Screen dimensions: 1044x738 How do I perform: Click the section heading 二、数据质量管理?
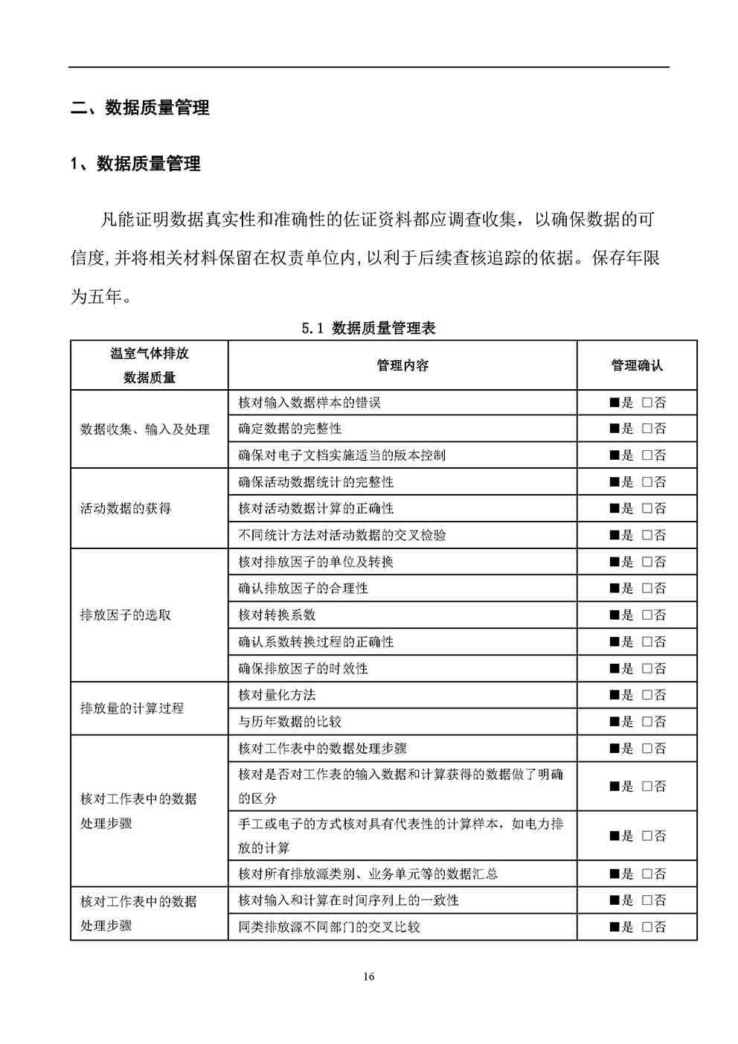coord(140,108)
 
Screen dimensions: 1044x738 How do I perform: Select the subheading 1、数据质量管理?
coord(135,164)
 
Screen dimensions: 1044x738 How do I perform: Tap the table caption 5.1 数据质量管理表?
coord(368,328)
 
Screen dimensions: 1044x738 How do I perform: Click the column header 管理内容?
coord(402,365)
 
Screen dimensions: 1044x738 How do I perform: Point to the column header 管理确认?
coord(636,365)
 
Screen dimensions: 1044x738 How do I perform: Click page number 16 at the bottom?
coord(369,977)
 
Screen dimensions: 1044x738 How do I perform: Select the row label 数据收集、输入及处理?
coord(145,429)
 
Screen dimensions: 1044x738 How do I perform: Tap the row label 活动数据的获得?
coord(126,509)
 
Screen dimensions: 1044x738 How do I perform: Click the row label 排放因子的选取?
coord(126,615)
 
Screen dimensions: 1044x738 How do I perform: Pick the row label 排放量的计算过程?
coord(132,708)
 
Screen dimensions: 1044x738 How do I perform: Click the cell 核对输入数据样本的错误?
coord(309,403)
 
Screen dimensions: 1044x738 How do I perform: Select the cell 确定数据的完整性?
coord(289,429)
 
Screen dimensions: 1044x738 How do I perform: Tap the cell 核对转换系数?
coord(277,615)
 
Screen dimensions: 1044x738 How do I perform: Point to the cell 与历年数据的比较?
coord(289,722)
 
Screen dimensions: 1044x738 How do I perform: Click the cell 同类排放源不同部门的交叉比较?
coord(329,927)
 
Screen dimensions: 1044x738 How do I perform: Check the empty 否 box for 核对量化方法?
coord(646,695)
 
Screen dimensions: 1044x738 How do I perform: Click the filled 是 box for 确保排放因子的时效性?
coord(615,668)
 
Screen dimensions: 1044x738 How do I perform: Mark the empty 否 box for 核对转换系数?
coord(646,615)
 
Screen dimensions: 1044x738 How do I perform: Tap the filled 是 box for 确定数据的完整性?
coord(615,429)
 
